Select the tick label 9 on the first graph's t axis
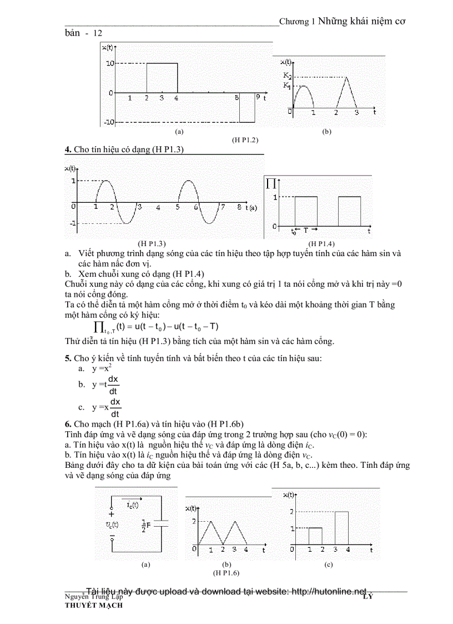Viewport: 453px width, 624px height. [258, 97]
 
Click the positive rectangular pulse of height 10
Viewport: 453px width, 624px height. [162, 78]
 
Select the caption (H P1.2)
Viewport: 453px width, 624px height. [245, 140]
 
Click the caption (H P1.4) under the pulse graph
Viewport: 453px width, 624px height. [321, 243]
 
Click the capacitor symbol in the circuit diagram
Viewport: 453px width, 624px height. [160, 523]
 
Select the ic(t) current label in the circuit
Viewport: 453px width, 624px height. [133, 504]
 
